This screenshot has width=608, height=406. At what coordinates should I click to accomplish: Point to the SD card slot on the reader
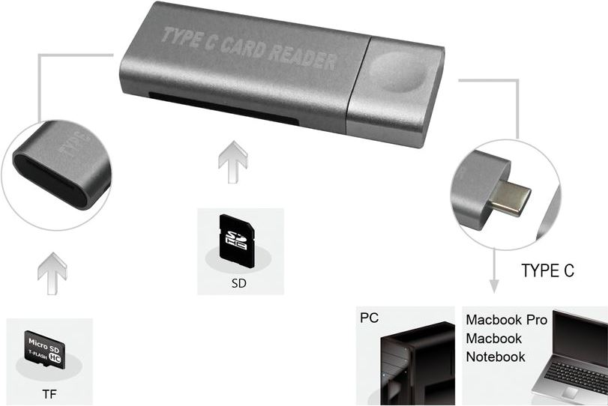coord(225,108)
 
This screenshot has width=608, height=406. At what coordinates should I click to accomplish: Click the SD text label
coord(239,285)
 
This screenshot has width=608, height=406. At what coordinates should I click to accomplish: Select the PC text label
coord(369,318)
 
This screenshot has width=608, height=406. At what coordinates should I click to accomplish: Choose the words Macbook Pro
coord(507,321)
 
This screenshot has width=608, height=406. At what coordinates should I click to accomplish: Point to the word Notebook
coord(496,357)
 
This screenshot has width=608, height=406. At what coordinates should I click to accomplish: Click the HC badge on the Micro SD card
coord(59,357)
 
